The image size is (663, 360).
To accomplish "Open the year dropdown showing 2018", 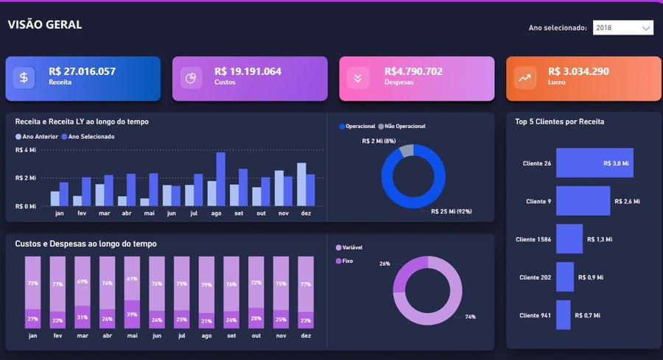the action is click(x=622, y=28).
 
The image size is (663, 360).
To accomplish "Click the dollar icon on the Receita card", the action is click(x=24, y=78).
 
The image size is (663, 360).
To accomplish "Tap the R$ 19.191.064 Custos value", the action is click(x=248, y=71).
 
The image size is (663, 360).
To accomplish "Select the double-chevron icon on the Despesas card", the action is click(x=358, y=78).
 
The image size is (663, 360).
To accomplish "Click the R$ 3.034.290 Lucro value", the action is click(x=578, y=71).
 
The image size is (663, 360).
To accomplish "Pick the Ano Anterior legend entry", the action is click(x=37, y=136).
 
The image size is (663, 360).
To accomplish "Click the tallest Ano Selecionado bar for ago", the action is click(x=221, y=179).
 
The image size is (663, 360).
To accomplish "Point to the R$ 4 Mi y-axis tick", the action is click(x=25, y=150).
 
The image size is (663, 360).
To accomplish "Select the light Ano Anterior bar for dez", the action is click(x=301, y=185).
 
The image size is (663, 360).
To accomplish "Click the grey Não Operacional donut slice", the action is click(x=406, y=151).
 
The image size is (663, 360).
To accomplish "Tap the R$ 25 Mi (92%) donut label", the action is click(x=451, y=211).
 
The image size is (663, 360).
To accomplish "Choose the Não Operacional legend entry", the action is click(x=401, y=127).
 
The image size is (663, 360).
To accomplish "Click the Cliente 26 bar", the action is click(x=594, y=163).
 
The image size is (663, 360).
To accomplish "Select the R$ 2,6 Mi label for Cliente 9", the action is click(x=627, y=202).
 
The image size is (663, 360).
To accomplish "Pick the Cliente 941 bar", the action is click(x=564, y=315).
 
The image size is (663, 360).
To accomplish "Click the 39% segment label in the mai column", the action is click(x=132, y=314).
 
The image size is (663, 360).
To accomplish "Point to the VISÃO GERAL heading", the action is click(x=45, y=25).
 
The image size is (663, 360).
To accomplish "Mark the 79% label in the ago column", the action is click(x=206, y=285).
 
